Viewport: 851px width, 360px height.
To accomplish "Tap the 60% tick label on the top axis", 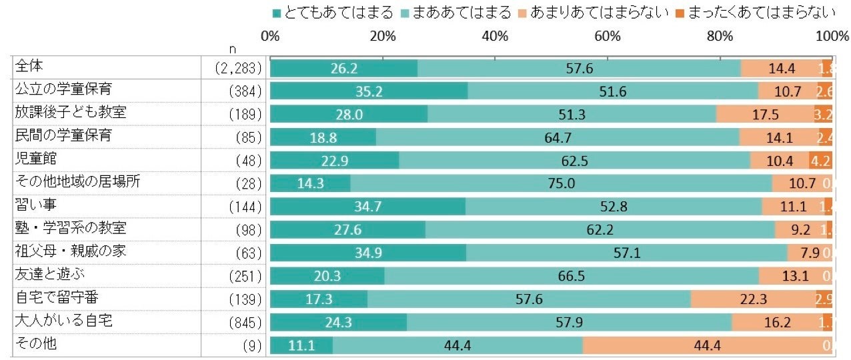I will (608, 37).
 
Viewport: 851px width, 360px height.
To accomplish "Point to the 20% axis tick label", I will (382, 37).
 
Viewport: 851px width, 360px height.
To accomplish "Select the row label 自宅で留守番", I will (52, 297).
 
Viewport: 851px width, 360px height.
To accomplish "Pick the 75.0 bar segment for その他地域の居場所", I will (561, 183).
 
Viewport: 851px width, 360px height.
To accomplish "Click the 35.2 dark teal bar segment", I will (369, 91).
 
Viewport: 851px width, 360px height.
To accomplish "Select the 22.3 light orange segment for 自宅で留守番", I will (753, 299).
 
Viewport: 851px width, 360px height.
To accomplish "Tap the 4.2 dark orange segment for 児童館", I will (820, 161).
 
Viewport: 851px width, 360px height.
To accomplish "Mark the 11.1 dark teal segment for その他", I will (301, 345).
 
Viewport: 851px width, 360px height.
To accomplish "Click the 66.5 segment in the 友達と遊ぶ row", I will (572, 276).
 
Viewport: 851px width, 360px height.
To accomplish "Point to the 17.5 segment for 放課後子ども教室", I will (765, 115).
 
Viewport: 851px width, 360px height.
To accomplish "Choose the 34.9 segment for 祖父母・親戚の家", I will (368, 253).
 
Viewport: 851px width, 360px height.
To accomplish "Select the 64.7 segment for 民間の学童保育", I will (558, 137).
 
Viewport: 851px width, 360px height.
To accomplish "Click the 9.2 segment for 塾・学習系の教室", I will (800, 230).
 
